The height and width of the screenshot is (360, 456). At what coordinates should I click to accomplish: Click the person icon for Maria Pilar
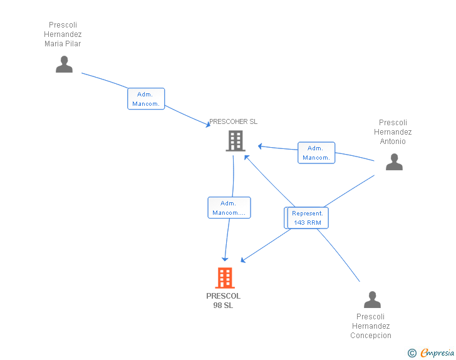click(64, 64)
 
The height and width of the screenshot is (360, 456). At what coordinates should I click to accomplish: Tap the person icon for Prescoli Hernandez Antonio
click(394, 162)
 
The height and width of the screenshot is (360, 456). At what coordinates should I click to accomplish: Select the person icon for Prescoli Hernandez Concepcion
click(372, 299)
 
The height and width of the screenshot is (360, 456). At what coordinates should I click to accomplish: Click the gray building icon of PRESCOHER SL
click(236, 141)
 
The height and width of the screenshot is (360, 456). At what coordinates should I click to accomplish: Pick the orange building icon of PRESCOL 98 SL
click(225, 278)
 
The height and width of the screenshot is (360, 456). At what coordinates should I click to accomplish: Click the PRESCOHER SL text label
click(233, 121)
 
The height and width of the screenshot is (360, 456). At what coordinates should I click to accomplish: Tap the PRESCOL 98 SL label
click(224, 301)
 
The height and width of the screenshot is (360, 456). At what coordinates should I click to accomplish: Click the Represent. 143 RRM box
click(308, 218)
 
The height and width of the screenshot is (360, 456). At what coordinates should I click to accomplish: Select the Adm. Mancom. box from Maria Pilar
click(146, 99)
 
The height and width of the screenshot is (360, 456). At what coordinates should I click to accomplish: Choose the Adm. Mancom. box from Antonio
click(316, 153)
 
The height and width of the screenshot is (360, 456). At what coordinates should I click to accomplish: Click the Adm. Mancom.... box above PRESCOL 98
click(229, 208)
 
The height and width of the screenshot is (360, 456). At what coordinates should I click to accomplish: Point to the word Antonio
click(393, 141)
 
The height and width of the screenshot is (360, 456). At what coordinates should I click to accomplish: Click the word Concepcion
click(371, 336)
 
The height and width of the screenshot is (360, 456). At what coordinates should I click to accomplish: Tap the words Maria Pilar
click(63, 44)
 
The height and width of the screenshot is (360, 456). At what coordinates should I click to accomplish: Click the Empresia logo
click(437, 352)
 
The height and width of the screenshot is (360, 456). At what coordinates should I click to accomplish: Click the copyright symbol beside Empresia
click(412, 353)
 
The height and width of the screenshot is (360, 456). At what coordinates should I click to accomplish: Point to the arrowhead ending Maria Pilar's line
click(208, 125)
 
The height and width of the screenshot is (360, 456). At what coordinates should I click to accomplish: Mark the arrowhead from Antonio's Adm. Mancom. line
click(261, 147)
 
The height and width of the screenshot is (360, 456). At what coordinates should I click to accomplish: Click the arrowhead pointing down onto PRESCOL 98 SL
click(225, 259)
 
